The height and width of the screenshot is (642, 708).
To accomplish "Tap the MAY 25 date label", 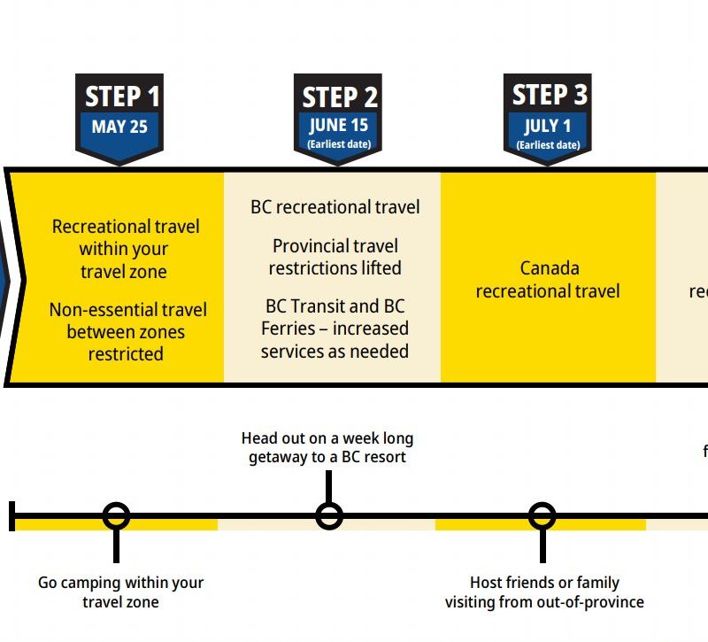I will tap(119, 127).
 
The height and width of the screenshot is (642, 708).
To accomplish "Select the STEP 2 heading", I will tap(339, 97).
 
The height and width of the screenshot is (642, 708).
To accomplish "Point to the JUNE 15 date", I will tap(339, 125).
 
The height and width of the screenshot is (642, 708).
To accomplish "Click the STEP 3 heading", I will tap(549, 95).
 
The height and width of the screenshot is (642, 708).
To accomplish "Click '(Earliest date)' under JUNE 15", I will tap(339, 143).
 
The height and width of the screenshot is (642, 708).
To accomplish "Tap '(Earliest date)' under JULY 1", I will tap(548, 144).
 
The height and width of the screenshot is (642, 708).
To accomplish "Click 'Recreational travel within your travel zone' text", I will tap(126, 249).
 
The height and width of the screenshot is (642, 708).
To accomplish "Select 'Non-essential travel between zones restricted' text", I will tap(127, 332).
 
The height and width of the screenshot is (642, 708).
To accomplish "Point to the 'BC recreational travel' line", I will tap(335, 207).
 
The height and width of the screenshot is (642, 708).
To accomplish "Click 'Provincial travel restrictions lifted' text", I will tap(335, 257).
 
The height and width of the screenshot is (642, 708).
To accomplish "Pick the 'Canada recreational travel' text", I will tap(548, 279).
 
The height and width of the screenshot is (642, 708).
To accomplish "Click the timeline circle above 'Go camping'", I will tap(116, 515).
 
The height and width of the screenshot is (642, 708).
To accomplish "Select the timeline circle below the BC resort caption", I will tap(329, 515).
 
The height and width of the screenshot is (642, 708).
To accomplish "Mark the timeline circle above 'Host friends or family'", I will tap(543, 515).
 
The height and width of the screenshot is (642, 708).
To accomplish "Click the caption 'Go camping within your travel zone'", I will tap(120, 592).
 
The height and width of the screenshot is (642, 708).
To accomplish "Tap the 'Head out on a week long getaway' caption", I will tap(327, 448).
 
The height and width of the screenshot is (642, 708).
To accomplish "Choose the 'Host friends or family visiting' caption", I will tap(544, 592).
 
